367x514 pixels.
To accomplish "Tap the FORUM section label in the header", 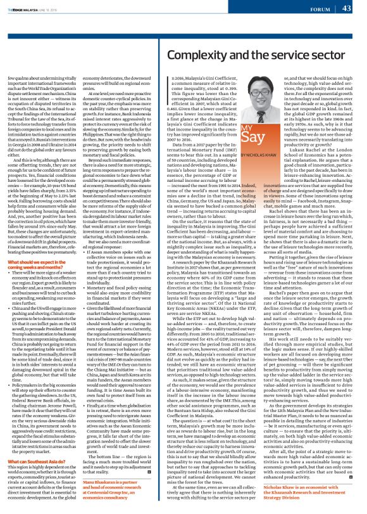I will click(x=320, y=9).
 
